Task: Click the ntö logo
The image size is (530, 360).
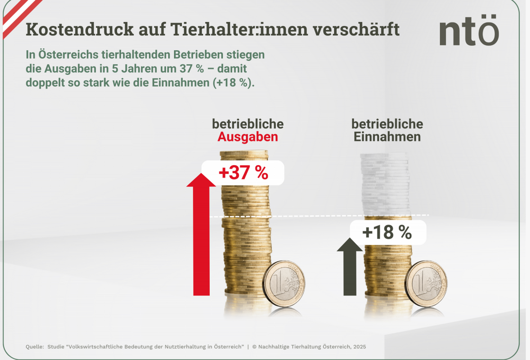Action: coord(469,32)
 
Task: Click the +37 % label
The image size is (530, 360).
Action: coord(243,173)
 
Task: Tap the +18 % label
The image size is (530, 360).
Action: coord(387,232)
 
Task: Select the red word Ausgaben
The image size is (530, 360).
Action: coord(248,137)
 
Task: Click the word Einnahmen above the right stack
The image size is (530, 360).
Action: coord(387,137)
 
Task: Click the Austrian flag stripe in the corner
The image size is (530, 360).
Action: coord(19,16)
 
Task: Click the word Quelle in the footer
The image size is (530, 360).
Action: coord(34,347)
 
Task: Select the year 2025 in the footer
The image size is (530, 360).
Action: coord(358,347)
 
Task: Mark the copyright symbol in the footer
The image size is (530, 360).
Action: coord(255,347)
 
